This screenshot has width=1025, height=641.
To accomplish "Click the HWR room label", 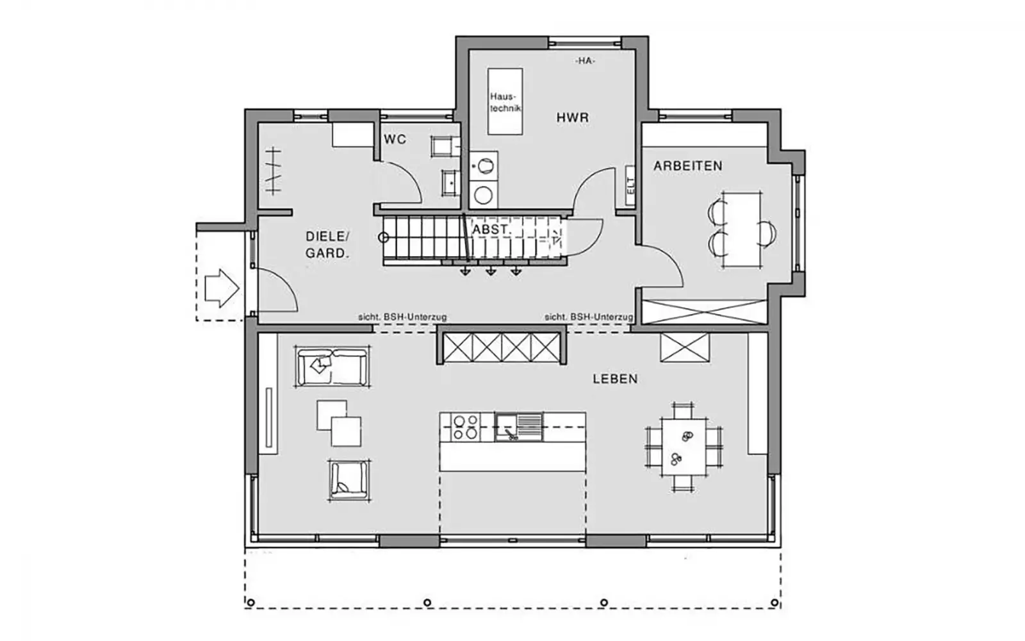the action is [x=573, y=118].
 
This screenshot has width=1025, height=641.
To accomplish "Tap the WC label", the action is [x=395, y=139].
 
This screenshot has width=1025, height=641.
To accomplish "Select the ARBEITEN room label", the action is [x=688, y=166].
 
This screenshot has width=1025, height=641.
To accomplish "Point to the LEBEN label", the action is [x=615, y=379].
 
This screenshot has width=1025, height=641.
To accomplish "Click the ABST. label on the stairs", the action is [x=491, y=229].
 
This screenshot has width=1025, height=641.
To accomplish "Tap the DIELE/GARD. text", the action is [x=327, y=244].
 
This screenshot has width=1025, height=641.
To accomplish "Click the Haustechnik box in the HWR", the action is [x=505, y=102].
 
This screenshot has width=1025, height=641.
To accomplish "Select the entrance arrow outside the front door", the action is [x=222, y=288].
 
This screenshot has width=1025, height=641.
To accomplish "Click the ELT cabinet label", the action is [x=630, y=185].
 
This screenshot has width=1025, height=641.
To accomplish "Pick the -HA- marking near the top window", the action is [x=585, y=61].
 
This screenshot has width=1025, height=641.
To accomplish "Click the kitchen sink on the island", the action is [x=518, y=427].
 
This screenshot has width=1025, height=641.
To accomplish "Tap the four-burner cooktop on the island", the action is [x=465, y=427].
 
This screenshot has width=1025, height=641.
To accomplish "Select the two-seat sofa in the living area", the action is [x=332, y=367].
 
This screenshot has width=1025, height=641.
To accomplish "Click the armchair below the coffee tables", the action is [x=349, y=479].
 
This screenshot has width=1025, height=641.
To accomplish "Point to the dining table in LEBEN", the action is [x=684, y=447].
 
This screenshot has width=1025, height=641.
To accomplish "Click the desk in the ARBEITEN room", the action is [x=742, y=230].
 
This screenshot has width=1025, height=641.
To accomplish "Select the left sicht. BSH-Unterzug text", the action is [x=402, y=317].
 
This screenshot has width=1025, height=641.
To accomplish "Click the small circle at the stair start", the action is [x=384, y=238].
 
